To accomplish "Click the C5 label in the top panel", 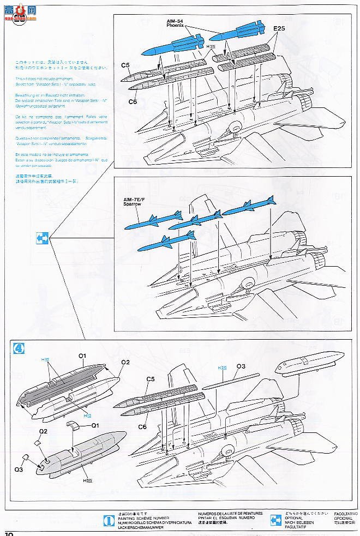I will (x=125, y=66).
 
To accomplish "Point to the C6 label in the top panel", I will (x=132, y=101).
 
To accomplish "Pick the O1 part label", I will (x=81, y=356).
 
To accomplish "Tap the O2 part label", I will (x=125, y=362).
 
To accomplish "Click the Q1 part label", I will (x=94, y=425).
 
